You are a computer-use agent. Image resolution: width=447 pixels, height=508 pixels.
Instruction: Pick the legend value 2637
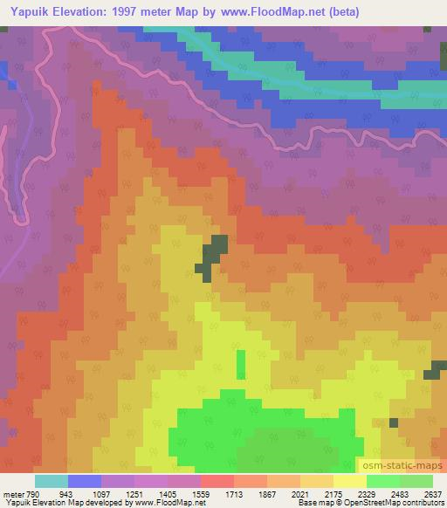pos(431,492)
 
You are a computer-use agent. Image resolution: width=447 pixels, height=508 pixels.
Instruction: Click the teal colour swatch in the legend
pos(52,481)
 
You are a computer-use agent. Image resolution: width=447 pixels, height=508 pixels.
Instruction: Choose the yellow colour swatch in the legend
pos(349,481)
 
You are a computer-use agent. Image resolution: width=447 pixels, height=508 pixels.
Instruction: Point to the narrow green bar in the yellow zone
pos(240,363)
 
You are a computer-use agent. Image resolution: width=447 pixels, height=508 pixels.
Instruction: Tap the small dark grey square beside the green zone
pos(393,422)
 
